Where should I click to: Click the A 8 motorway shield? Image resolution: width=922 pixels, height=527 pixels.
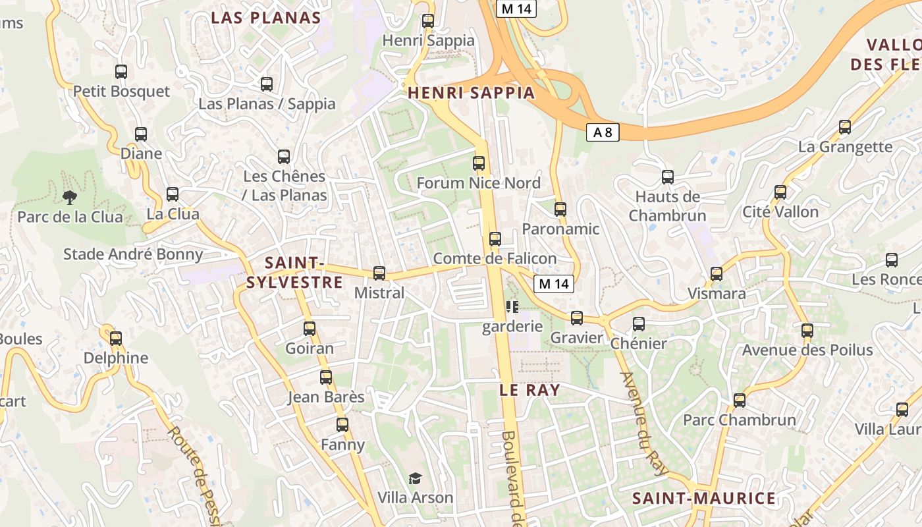[x=602, y=132]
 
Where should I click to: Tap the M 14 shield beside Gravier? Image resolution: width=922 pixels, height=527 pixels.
[x=553, y=284]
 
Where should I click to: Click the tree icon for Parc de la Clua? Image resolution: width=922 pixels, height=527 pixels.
[x=69, y=196]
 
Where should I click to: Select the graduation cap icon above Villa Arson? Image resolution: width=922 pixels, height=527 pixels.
[x=415, y=478]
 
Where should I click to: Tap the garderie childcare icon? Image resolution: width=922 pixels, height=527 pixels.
[x=512, y=306]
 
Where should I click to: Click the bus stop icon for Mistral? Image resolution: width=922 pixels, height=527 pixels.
[x=379, y=273]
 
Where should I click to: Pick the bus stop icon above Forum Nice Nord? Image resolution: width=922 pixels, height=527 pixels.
[x=479, y=163]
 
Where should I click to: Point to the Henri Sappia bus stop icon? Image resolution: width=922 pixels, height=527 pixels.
[x=428, y=20]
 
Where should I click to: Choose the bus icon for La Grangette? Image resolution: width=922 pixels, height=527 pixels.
[x=845, y=127]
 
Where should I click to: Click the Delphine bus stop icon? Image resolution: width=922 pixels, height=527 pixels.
[x=116, y=339]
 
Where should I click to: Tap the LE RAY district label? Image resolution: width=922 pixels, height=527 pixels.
[x=529, y=390]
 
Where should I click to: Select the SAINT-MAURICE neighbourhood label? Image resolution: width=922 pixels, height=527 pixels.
[x=703, y=498]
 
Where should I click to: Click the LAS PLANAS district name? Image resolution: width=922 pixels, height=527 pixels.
[x=265, y=18]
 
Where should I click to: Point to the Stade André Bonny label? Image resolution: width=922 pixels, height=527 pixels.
[x=133, y=254]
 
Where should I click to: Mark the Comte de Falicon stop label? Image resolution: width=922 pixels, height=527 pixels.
[x=495, y=259]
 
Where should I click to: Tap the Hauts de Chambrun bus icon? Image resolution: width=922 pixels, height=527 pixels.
[x=668, y=177]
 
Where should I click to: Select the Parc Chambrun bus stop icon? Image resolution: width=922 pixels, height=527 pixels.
[x=740, y=400]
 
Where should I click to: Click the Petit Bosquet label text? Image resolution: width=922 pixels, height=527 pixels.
[x=121, y=92]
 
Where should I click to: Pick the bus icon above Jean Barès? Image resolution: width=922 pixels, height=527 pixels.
[x=326, y=377]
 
